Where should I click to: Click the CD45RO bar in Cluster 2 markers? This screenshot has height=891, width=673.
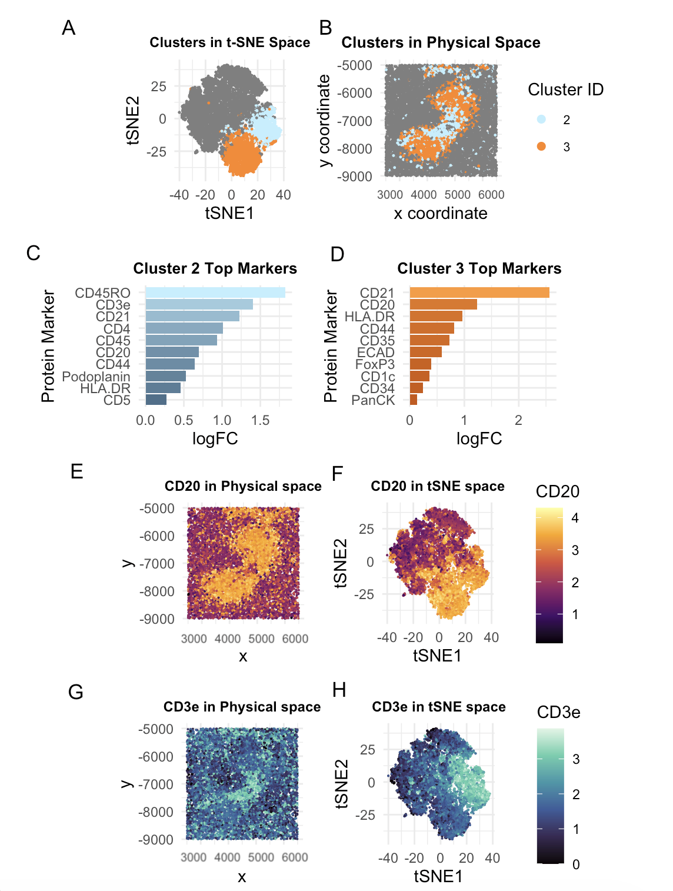tap(215, 292)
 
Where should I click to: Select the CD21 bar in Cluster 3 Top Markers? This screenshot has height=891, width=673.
tap(479, 292)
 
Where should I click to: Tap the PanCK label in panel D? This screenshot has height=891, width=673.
tap(373, 400)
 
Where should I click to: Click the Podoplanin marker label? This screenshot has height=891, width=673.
tap(96, 376)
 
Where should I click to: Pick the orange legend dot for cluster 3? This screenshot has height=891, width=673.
tap(541, 147)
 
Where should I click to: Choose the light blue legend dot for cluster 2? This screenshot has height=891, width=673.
tap(541, 119)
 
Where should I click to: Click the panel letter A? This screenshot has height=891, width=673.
tap(69, 28)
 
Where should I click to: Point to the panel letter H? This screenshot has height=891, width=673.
tap(339, 690)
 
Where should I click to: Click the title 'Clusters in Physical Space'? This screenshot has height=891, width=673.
tap(441, 42)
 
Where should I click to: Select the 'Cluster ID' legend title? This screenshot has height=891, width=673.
tap(565, 89)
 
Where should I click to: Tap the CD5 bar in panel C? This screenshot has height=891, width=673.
tap(156, 400)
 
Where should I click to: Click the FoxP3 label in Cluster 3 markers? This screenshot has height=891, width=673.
tap(375, 364)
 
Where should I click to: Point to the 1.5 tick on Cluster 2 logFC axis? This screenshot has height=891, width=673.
tap(260, 420)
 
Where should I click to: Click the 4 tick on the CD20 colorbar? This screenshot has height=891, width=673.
tap(575, 518)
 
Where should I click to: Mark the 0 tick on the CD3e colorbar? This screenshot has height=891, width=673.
tap(576, 864)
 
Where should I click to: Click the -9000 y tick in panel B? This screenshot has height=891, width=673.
tap(355, 177)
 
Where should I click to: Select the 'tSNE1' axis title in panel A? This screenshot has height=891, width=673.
tap(229, 213)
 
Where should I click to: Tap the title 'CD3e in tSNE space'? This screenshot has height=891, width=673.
tap(438, 707)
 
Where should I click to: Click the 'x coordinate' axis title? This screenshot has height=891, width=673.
tap(441, 213)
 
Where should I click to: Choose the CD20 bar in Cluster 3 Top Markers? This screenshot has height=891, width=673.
tap(443, 304)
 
